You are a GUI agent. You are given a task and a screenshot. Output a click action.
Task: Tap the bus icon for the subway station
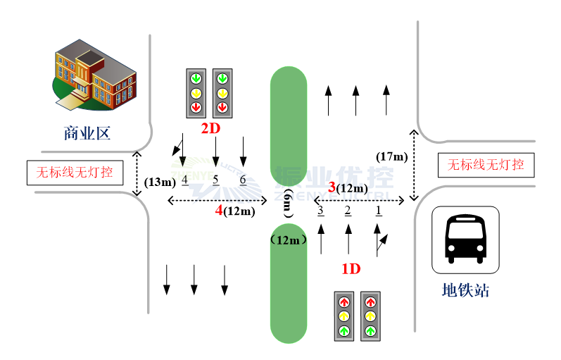coord(465,240)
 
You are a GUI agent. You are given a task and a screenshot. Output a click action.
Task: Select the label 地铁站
coord(465,290)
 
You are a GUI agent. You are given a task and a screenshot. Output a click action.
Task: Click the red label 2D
coord(210,128)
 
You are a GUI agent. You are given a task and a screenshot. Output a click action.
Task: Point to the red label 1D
coord(351,268)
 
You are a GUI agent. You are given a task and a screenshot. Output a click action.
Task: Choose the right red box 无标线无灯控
coord(486,165)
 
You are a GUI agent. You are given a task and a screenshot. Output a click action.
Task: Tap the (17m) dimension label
coord(392,156)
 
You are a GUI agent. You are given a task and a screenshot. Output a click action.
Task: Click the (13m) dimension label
coord(160,182)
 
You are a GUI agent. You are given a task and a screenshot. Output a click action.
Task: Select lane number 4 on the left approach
coord(184,180)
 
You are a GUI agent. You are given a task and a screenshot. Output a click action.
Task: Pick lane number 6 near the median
coord(242,180)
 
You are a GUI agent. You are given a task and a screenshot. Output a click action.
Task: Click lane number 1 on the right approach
coord(378,209)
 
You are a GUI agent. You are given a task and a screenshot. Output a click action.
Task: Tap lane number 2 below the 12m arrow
coord(348,209)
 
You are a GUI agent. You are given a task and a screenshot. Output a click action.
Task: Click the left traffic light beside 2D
coord(196,93)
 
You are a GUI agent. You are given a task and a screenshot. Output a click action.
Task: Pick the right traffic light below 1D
coord(371,316)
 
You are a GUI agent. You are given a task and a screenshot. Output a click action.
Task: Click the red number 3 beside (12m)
coord(332,187)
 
